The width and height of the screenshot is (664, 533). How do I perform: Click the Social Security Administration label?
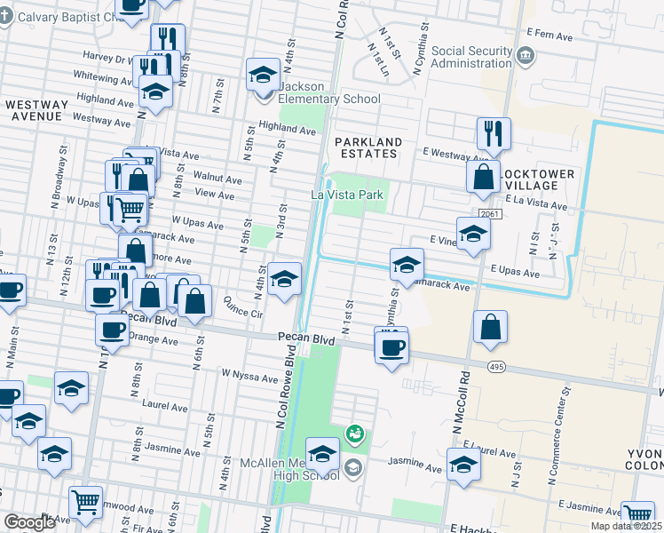(x=471, y=57)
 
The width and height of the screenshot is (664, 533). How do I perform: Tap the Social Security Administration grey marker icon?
(x=525, y=58)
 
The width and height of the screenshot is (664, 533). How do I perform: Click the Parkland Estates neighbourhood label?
(x=368, y=147)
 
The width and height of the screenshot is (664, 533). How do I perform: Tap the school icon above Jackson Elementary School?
(x=263, y=75)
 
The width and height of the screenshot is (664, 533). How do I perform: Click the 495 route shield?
(x=496, y=366)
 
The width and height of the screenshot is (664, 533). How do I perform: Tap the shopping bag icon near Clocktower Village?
(x=482, y=178)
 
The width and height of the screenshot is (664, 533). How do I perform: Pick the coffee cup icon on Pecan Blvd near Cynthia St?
(x=391, y=347)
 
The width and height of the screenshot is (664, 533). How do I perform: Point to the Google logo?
(x=29, y=522)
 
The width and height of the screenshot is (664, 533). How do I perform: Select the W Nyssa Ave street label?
(x=250, y=377)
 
